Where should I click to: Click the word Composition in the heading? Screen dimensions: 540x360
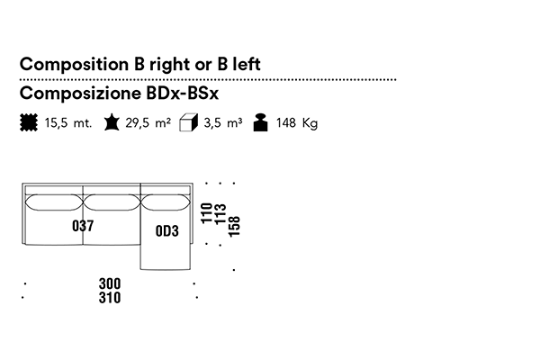[74, 65]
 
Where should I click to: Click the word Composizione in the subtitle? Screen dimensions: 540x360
[80, 93]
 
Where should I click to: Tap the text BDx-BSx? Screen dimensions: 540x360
[182, 93]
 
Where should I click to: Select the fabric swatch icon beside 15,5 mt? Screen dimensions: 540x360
[29, 122]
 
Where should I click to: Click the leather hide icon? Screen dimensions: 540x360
[112, 122]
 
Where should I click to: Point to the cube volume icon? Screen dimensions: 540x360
[188, 122]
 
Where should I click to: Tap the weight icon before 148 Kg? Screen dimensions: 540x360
[261, 122]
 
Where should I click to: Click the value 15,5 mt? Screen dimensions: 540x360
[68, 123]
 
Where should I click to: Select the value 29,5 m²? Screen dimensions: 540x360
[148, 122]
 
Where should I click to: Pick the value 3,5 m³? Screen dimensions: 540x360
[223, 122]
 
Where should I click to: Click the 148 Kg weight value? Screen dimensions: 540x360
[297, 123]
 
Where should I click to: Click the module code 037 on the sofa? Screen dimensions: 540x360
[83, 226]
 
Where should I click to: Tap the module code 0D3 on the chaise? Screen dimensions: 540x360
[167, 231]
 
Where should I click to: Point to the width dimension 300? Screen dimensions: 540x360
[110, 283]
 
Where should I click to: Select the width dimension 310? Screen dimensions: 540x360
[110, 298]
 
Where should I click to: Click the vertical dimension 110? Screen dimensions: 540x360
[206, 213]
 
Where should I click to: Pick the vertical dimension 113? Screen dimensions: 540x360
[220, 214]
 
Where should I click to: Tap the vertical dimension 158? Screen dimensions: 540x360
[234, 226]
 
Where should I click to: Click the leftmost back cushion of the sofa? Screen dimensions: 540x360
[54, 202]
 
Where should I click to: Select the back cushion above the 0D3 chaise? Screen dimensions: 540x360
[166, 202]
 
